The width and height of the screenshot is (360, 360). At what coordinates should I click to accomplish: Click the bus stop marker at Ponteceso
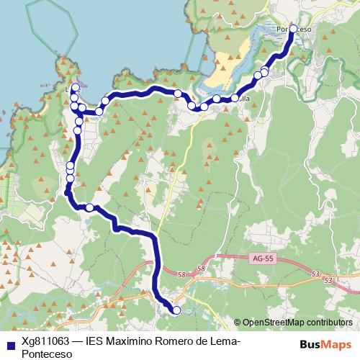[293, 30]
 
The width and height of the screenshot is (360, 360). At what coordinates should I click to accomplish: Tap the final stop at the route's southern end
[176, 310]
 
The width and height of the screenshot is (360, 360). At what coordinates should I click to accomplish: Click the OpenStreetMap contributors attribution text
[298, 323]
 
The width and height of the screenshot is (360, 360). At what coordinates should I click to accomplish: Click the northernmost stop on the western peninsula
[76, 87]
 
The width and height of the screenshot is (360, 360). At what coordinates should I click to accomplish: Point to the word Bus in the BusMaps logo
[310, 345]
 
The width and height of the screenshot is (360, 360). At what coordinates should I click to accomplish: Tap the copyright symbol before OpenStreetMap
[238, 323]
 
